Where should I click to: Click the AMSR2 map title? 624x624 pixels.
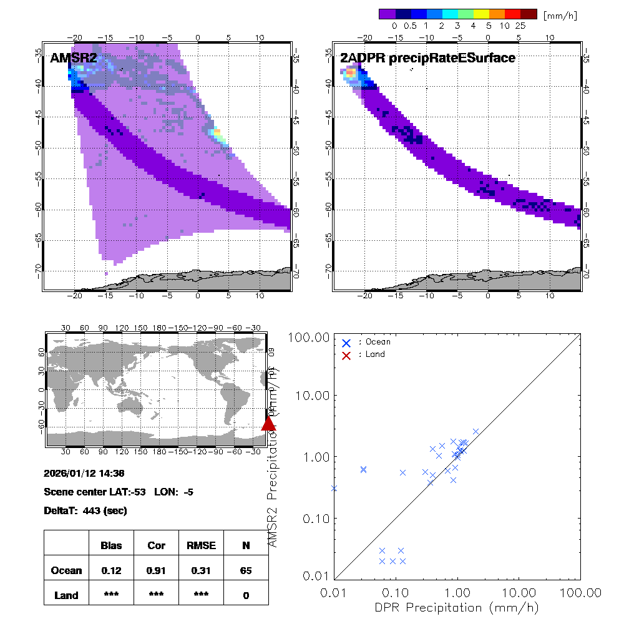pos(74,58)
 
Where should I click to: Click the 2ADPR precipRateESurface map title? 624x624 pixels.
pos(427,58)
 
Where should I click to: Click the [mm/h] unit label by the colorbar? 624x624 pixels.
pos(557,14)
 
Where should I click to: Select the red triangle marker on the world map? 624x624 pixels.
pos(268,423)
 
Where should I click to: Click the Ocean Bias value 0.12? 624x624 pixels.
pos(111,570)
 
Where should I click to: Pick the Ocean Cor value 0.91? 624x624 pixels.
pos(156,570)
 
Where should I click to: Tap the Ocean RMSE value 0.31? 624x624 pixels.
pos(201,570)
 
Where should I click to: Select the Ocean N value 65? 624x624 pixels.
pos(246,570)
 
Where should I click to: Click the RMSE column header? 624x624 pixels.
pos(201,545)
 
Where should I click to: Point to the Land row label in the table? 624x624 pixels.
pos(66,595)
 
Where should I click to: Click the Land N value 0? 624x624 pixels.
pos(246,595)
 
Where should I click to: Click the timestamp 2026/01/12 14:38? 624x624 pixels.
pos(84,474)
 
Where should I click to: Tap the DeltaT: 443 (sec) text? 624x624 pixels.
pos(85,511)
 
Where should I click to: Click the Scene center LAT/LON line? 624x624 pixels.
pos(119,492)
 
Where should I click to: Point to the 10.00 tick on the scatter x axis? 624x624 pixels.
pos(519,592)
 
